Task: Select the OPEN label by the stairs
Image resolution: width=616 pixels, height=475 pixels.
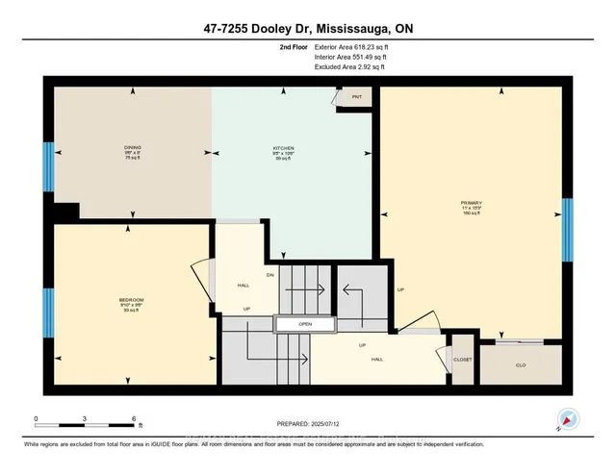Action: pos(304,325)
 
